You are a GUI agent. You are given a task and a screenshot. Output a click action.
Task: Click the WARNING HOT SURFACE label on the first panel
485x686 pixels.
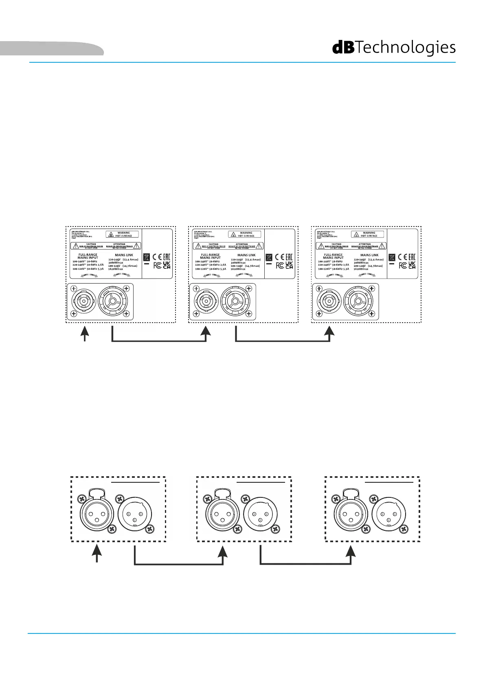[122, 234]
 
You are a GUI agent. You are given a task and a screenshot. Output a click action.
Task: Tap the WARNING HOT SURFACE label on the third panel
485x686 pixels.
[368, 234]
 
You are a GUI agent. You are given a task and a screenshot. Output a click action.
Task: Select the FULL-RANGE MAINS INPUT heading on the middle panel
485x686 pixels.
[211, 256]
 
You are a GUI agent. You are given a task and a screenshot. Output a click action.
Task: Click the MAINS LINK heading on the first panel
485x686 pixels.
[123, 255]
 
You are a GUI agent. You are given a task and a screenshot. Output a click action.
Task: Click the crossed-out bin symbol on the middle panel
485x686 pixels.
[269, 257]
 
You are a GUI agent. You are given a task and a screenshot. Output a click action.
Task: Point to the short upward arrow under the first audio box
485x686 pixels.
[97, 554]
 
